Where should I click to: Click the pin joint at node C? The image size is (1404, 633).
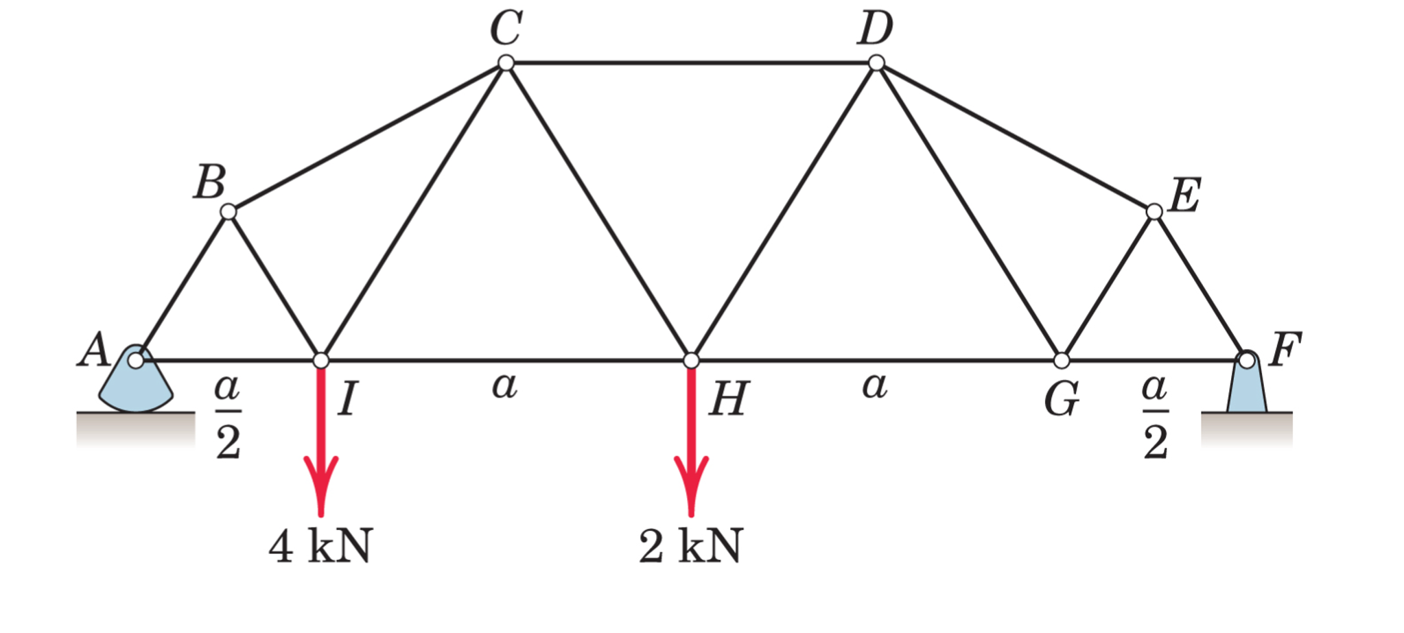coord(506,63)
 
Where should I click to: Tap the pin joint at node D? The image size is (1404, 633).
coord(876,63)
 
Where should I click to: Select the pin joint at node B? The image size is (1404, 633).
coord(229,211)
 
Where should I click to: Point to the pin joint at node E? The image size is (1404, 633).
coord(1154,211)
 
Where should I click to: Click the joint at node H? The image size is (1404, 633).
coord(691,360)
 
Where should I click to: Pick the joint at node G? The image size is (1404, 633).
coord(1062,360)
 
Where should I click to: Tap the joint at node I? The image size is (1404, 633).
coord(320,360)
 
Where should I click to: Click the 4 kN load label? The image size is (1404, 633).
coord(320,547)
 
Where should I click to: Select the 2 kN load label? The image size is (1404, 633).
coord(690,547)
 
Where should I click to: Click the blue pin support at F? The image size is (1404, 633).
coord(1247,387)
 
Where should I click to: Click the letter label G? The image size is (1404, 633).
coord(1062,400)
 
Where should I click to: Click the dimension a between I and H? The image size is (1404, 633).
coord(504,385)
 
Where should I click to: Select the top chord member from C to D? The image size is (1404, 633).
coord(691,63)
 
